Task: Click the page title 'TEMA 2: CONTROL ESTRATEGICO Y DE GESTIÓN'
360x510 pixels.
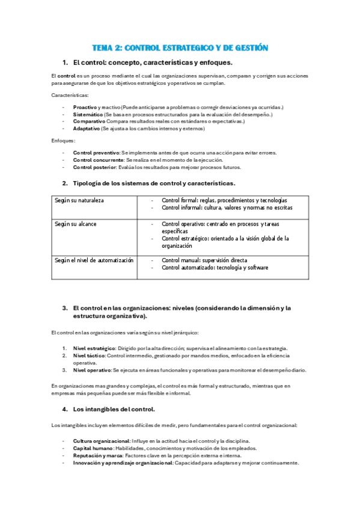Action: coord(180,48)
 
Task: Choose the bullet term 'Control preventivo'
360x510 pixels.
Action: coord(96,153)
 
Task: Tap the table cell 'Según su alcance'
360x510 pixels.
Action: coord(75,224)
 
